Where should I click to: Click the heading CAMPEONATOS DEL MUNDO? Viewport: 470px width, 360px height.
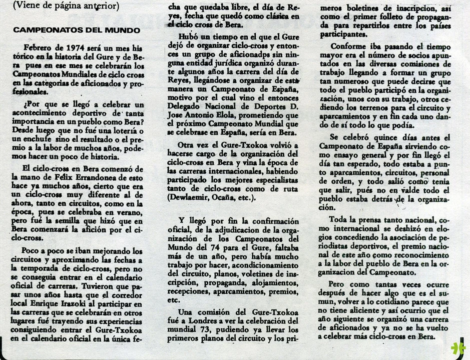77,30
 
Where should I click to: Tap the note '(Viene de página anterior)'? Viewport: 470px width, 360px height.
67,6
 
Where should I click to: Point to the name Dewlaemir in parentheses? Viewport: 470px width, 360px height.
197,197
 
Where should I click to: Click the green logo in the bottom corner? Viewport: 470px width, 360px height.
457,348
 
